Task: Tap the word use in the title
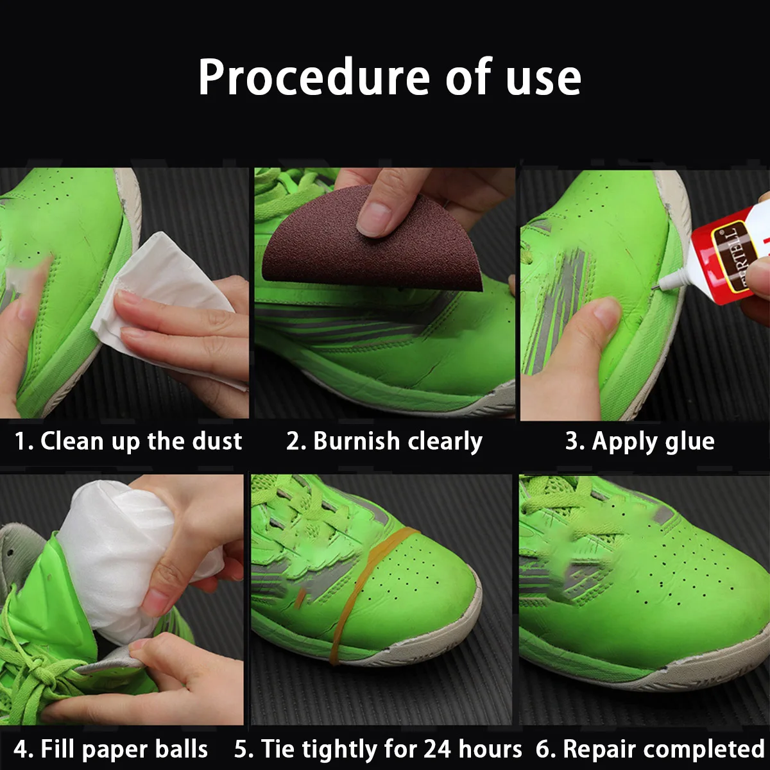(543, 78)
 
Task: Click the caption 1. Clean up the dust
(128, 441)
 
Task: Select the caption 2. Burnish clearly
(384, 441)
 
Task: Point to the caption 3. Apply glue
(640, 441)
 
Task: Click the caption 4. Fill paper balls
(111, 749)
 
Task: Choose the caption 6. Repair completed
(650, 749)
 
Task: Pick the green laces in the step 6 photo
(565, 507)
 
